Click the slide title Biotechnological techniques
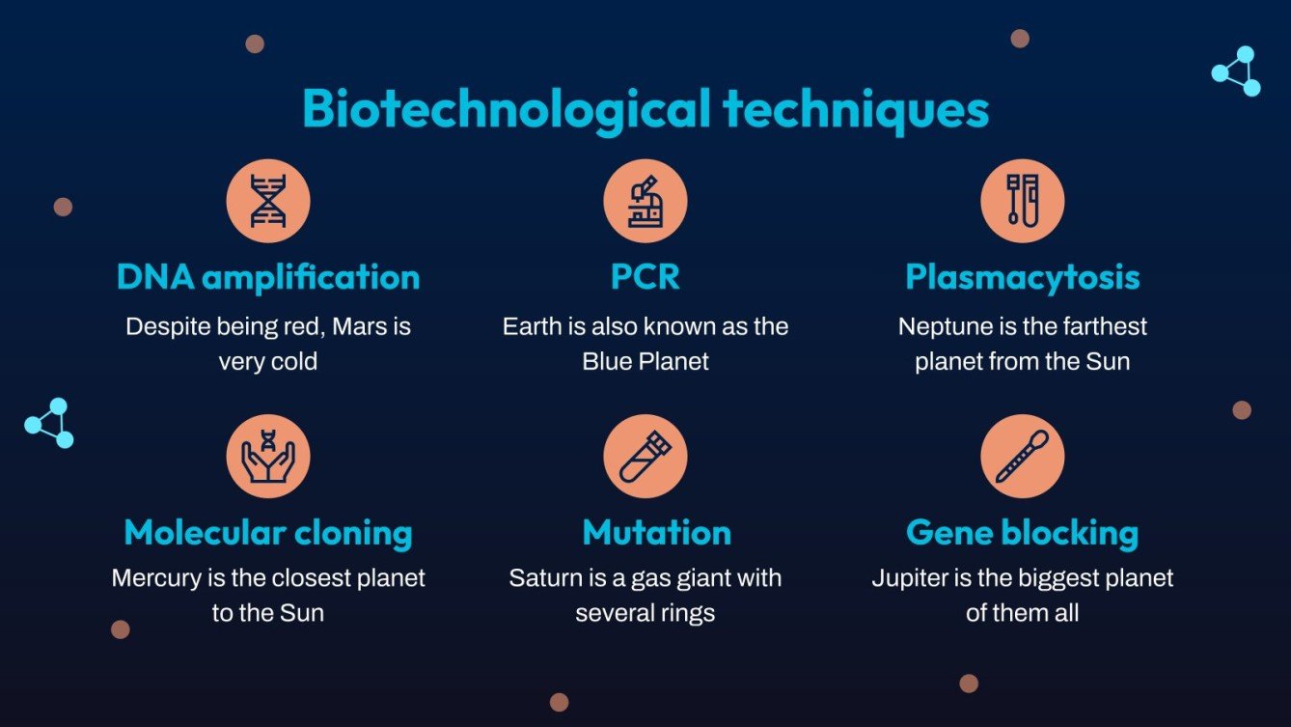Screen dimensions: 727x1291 click(x=645, y=109)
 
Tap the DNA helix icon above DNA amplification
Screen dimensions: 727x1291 click(x=268, y=201)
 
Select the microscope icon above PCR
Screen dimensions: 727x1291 click(x=645, y=201)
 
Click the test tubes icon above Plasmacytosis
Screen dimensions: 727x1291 click(x=1022, y=201)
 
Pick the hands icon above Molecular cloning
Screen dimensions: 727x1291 click(x=268, y=457)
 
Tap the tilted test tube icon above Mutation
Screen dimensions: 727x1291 click(x=645, y=457)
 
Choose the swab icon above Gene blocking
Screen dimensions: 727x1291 click(x=1022, y=457)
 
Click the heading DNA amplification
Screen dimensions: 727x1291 click(x=268, y=277)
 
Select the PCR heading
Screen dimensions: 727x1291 click(x=645, y=277)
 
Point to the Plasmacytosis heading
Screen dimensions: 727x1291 click(x=1022, y=277)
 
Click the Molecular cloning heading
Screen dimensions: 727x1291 click(x=268, y=532)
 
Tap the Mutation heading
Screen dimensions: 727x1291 click(x=656, y=532)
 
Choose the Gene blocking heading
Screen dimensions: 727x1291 click(x=1022, y=532)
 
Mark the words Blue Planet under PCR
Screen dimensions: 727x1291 click(x=645, y=362)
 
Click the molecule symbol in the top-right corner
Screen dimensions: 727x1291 click(x=1237, y=71)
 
